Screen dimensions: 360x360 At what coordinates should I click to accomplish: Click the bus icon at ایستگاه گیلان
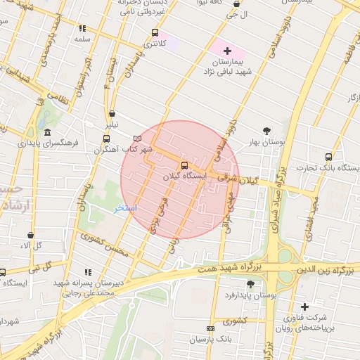coord(184,167)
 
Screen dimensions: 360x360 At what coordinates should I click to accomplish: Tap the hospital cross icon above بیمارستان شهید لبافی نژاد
coord(227,52)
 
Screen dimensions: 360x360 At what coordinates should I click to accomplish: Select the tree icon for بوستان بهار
coord(267,131)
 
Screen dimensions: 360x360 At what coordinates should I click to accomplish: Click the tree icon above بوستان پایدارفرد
coord(251,284)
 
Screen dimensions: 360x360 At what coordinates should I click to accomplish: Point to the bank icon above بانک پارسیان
coord(210,329)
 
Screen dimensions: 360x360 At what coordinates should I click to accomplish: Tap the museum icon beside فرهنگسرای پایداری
coord(47,134)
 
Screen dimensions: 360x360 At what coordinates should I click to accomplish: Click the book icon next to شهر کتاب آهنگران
coord(137,139)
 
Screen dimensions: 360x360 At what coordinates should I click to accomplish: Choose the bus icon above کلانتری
coord(155,32)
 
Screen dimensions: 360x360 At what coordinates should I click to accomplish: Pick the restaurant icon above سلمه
coord(83,29)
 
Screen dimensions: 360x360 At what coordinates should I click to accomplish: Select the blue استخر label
coord(127,209)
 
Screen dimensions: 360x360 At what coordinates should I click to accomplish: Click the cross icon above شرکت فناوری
coord(304,307)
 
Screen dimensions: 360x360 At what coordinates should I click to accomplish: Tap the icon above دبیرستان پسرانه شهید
coord(88,272)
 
